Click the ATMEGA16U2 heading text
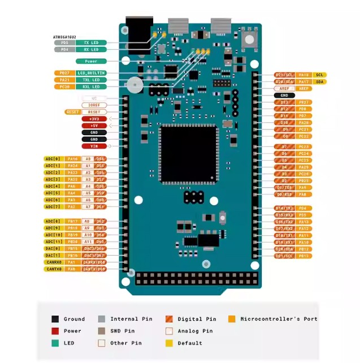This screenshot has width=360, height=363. (x=64, y=37)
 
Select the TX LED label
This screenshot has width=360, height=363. (x=90, y=43)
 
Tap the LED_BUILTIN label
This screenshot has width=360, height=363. (x=91, y=73)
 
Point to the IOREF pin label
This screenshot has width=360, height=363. (x=94, y=105)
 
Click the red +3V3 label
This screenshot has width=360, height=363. (x=94, y=119)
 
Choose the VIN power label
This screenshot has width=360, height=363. (x=94, y=146)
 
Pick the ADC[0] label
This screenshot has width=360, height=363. (x=53, y=159)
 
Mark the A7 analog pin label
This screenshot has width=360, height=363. (x=88, y=207)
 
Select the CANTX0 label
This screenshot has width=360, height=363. (x=54, y=269)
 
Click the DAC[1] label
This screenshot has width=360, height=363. (x=53, y=256)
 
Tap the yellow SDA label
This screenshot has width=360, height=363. (x=320, y=82)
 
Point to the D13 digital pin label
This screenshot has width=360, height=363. (x=284, y=102)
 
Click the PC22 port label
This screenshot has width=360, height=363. (x=303, y=136)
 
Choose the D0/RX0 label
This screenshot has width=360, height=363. (x=284, y=195)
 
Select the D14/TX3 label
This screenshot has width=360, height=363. (x=284, y=209)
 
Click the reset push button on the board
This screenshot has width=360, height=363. (x=248, y=39)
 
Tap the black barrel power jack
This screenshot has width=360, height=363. (x=136, y=34)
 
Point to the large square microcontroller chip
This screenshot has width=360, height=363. (x=188, y=154)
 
